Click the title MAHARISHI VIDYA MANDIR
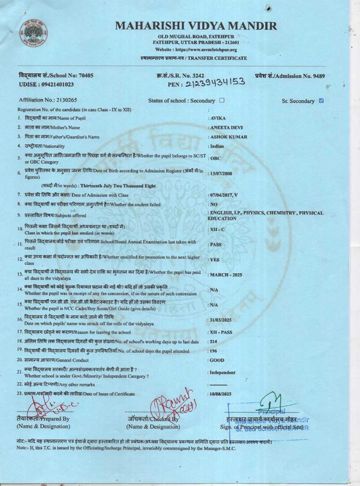tap(196, 26)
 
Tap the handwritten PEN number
tap(215, 83)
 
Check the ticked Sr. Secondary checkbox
tap(321, 101)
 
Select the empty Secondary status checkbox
tap(222, 100)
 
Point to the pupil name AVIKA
tap(218, 118)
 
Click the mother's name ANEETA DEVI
tap(226, 127)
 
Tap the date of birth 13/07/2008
tap(221, 174)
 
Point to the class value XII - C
tap(217, 229)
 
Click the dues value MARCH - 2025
tap(226, 275)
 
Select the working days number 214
tap(213, 342)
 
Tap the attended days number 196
tap(213, 351)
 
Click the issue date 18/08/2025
tap(221, 394)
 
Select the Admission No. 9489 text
tap(290, 76)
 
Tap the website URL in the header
tap(196, 50)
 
